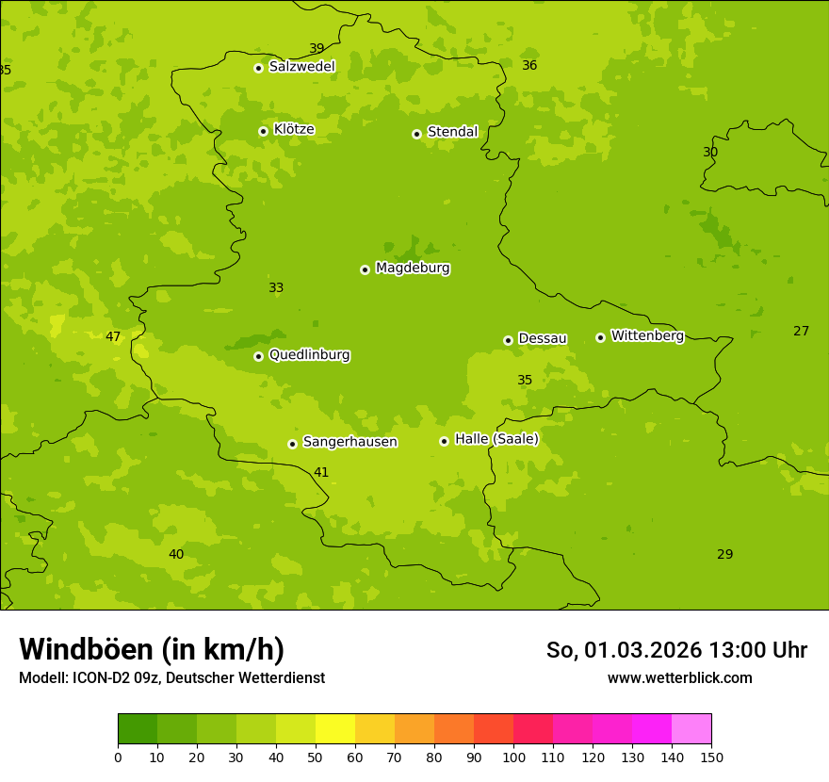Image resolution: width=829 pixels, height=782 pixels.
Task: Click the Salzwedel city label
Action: click(301, 67)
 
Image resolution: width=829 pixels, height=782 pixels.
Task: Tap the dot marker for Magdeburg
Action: click(365, 269)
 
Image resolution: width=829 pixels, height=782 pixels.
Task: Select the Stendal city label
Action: click(452, 132)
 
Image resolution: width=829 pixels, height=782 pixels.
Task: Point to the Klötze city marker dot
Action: click(263, 131)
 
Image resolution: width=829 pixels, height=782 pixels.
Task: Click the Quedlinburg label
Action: click(309, 355)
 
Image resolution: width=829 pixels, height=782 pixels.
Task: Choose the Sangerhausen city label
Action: click(349, 442)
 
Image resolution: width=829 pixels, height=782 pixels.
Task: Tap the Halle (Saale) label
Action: click(496, 439)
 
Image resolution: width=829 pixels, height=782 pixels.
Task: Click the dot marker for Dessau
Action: click(508, 340)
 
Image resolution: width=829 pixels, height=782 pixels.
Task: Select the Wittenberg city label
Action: click(647, 335)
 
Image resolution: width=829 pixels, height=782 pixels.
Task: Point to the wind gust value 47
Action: click(113, 337)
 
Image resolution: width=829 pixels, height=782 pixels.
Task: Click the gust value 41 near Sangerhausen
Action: click(321, 472)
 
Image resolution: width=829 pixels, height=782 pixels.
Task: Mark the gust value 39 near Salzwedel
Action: click(317, 49)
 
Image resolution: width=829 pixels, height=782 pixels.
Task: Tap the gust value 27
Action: click(801, 331)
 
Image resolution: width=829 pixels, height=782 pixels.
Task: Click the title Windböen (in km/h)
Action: click(152, 649)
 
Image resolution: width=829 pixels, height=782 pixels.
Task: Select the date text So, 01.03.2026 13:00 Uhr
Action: click(676, 650)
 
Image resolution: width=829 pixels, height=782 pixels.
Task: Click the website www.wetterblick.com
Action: click(679, 677)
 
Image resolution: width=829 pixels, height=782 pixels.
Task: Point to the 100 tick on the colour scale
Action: click(513, 757)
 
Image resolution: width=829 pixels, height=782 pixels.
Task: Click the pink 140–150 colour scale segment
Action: click(691, 729)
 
